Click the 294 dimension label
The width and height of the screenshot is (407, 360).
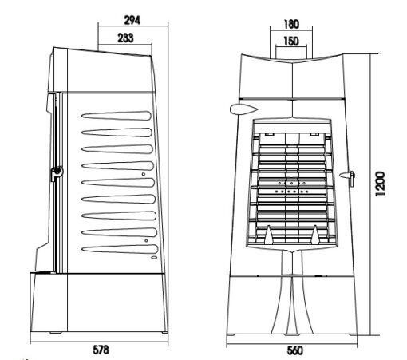click(132, 20)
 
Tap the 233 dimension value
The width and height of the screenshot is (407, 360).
click(125, 38)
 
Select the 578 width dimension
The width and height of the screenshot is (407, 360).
click(101, 350)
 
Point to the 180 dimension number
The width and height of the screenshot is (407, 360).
click(291, 24)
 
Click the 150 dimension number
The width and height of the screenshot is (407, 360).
click(291, 42)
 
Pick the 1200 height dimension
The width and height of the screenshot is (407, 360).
click(381, 184)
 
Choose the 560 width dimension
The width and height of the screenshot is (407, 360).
click(295, 350)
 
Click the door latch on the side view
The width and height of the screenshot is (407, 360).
click(57, 172)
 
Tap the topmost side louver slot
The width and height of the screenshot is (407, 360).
click(117, 116)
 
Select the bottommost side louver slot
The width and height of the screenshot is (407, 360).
click(120, 249)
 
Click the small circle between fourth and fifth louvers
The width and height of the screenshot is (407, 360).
click(144, 174)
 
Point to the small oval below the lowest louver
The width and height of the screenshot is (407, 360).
click(154, 257)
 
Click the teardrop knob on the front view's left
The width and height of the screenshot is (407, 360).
click(243, 109)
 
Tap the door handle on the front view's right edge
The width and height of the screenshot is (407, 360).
click(348, 176)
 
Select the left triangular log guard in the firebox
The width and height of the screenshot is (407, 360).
click(269, 235)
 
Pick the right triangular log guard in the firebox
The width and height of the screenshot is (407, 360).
click(315, 235)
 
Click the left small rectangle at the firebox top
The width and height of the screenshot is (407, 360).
click(269, 134)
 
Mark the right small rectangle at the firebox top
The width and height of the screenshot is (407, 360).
click(314, 134)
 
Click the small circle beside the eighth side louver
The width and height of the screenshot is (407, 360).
click(146, 240)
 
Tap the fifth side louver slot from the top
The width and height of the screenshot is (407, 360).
click(118, 183)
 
